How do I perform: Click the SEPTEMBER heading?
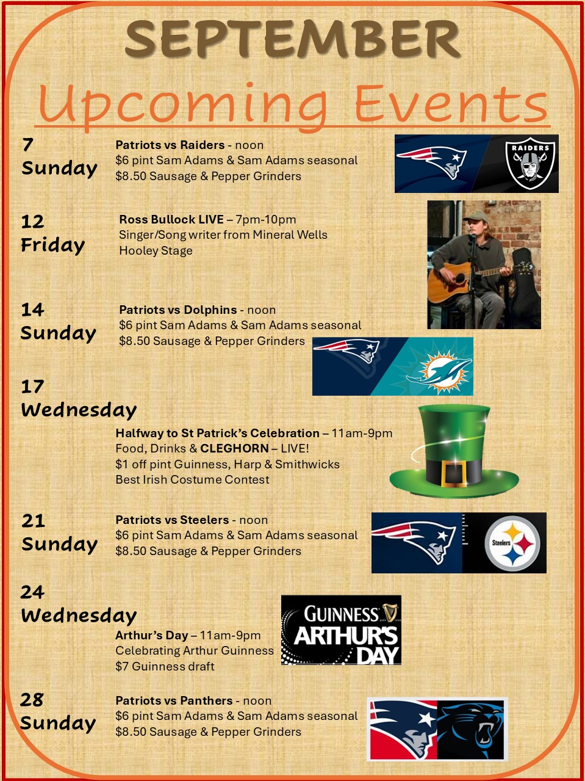pyautogui.click(x=293, y=39)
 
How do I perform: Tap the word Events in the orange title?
pyautogui.click(x=451, y=103)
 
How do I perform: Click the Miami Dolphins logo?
pyautogui.click(x=440, y=372)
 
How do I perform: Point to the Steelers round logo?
pyautogui.click(x=512, y=543)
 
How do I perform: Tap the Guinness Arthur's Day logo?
pyautogui.click(x=341, y=630)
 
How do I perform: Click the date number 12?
pyautogui.click(x=33, y=221)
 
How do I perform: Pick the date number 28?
pyautogui.click(x=32, y=700)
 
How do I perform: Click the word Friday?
pyautogui.click(x=53, y=245)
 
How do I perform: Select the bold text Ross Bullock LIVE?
pyautogui.click(x=171, y=220)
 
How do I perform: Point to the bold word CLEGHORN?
pyautogui.click(x=235, y=448)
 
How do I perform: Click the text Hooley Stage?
pyautogui.click(x=156, y=250)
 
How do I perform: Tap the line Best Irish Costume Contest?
pyautogui.click(x=192, y=479)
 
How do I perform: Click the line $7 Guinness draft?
pyautogui.click(x=165, y=666)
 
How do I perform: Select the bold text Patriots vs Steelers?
pyautogui.click(x=172, y=520)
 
